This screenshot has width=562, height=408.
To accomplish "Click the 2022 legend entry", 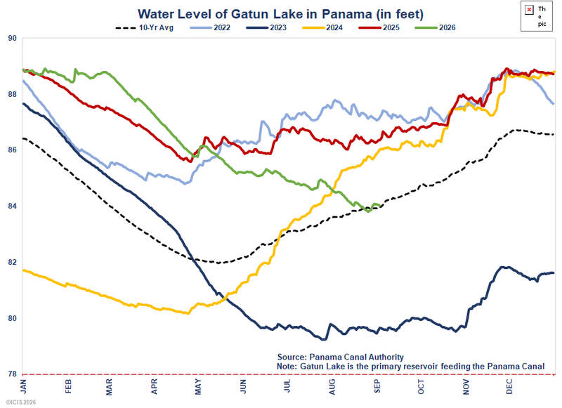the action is tap(210, 27).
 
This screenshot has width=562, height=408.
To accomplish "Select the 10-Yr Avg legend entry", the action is tap(145, 27).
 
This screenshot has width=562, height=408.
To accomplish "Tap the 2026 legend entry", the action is tap(435, 27).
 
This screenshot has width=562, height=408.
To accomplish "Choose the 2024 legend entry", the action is tap(322, 27).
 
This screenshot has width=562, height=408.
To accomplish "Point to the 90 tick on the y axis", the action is tap(12, 39).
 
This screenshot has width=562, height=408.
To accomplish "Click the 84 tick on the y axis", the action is tap(12, 206).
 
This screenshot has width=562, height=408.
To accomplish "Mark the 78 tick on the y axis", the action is tap(12, 374).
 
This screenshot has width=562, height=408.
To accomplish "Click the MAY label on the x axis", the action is tap(198, 387).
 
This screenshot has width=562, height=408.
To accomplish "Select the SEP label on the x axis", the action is tap(377, 386).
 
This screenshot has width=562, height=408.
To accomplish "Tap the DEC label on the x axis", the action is tap(509, 386).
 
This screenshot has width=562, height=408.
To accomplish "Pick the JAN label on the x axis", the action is tap(24, 387).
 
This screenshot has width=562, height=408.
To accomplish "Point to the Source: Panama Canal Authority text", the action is tap(341, 357).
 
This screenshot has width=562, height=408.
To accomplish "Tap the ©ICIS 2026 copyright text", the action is tap(21, 402).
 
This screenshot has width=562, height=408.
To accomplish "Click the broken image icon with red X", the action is tap(530, 10).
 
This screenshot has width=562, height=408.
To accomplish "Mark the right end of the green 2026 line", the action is tap(380, 206).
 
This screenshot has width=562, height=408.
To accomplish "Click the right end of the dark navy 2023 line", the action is tap(554, 273).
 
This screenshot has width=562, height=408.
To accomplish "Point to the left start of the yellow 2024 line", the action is tap(23, 270).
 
